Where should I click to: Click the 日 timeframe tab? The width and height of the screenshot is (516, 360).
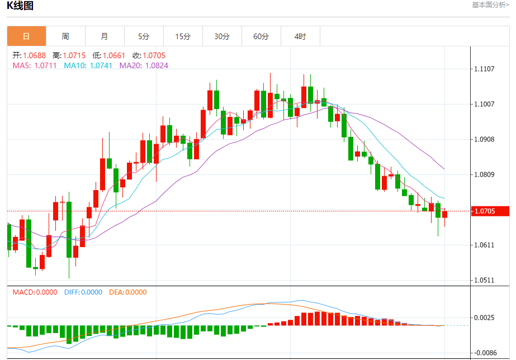26,36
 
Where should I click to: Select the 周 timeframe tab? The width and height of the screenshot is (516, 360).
65,36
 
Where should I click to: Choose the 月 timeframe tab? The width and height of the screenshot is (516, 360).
105,36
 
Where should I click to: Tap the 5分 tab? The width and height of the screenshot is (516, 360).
144,36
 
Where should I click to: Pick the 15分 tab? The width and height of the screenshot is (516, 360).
183,36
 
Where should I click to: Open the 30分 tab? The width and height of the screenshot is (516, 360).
222,36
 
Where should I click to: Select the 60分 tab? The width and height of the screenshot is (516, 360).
261,36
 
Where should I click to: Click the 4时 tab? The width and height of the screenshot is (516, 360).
300,36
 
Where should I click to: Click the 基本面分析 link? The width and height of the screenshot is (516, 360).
490,5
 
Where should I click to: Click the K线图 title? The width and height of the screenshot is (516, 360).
21,6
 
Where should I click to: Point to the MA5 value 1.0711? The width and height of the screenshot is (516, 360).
45,65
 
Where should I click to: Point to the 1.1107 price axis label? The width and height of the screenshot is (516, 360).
484,69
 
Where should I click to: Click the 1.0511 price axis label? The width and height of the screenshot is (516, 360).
484,280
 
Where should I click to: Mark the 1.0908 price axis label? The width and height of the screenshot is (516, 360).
484,139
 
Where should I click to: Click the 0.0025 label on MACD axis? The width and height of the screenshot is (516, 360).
484,318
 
